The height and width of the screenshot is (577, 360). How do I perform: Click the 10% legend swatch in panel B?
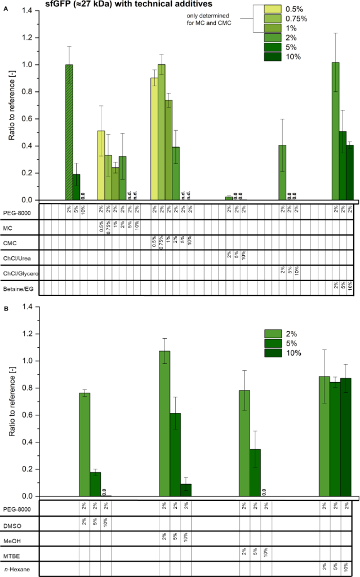(277, 353)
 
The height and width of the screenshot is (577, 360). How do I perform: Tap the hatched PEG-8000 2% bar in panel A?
(69, 132)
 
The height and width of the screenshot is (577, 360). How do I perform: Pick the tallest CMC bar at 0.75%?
(162, 132)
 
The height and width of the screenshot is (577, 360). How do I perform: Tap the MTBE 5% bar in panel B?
(255, 473)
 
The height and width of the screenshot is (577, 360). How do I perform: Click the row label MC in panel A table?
(8, 227)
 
